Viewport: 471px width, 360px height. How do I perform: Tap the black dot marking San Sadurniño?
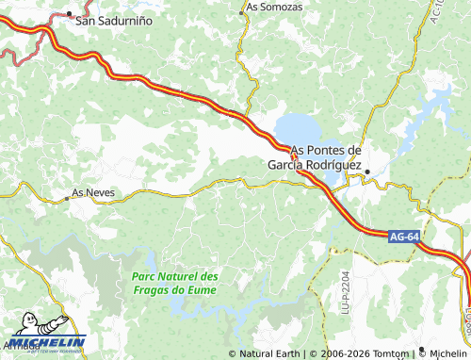(70, 14)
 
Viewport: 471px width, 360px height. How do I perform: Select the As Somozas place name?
(275, 7)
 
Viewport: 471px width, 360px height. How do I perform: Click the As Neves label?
(93, 192)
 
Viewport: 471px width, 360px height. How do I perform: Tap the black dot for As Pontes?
(368, 171)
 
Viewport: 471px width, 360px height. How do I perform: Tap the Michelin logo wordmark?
(49, 342)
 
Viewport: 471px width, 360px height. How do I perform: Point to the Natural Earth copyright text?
(268, 354)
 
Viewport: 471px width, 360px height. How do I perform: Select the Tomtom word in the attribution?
(393, 354)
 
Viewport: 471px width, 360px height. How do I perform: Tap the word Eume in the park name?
(202, 289)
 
